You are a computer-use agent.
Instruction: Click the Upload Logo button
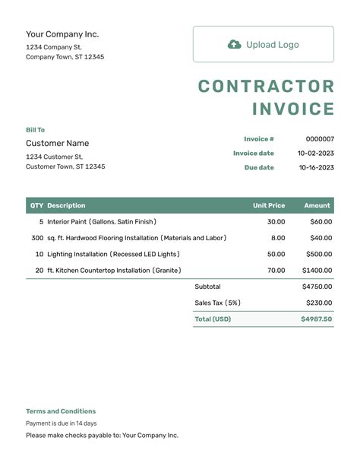263,44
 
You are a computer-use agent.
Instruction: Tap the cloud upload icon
235,44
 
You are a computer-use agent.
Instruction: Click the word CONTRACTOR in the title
266,87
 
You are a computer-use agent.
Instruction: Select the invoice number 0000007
320,139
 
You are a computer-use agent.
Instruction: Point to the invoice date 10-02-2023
315,154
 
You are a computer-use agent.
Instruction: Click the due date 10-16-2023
315,167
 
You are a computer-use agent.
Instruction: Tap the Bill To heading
36,130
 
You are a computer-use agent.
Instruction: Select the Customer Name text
57,143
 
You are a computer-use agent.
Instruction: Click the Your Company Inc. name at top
62,34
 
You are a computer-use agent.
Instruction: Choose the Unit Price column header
269,205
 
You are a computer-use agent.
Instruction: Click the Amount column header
317,205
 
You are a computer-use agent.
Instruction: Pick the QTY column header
36,205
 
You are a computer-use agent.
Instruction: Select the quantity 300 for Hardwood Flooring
37,238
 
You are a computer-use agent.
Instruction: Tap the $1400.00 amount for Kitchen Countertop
317,270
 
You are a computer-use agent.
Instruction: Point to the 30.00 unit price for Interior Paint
276,222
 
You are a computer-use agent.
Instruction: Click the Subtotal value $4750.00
317,287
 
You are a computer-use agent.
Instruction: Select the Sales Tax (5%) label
217,303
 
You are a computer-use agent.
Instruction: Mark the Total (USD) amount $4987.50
316,319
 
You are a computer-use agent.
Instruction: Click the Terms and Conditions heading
61,411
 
